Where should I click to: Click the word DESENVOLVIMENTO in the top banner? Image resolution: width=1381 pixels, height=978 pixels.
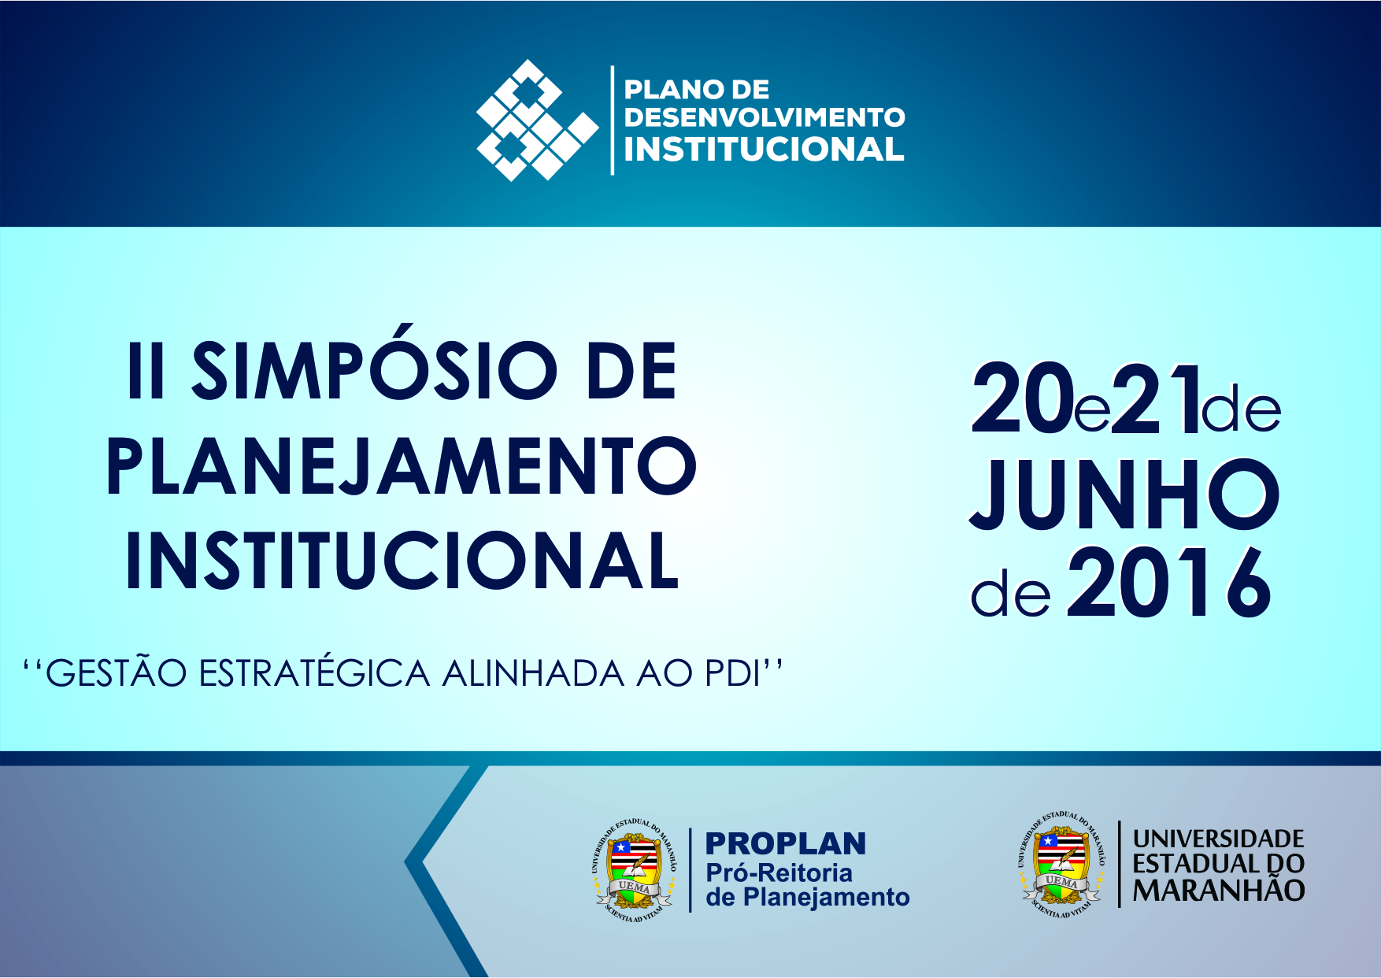coord(764,117)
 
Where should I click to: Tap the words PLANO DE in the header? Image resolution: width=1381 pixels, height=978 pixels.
coord(696,90)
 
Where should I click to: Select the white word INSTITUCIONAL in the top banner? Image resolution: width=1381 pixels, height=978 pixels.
coord(764,149)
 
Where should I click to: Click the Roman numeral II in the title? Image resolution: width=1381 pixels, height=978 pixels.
coord(146,372)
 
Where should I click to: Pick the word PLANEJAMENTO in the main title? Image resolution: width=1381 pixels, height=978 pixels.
coord(402,466)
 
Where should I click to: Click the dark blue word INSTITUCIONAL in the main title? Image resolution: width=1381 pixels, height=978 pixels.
coord(402,561)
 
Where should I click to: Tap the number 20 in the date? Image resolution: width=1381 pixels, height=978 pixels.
coord(1022,402)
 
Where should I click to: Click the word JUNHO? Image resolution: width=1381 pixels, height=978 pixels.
coord(1124,496)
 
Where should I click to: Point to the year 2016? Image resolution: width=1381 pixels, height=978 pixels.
coord(1168,584)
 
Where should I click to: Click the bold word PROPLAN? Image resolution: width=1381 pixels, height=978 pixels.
coord(785,844)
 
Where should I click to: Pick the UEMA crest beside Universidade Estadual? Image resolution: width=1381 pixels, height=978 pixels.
coord(1061,864)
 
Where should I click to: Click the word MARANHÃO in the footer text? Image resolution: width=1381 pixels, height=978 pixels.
coord(1218,891)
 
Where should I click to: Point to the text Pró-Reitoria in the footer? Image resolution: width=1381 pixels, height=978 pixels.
coord(779,872)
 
